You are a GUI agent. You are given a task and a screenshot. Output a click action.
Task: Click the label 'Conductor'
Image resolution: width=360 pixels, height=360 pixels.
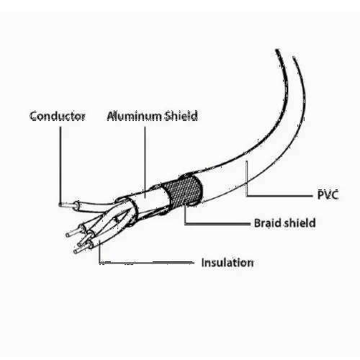(x=58, y=116)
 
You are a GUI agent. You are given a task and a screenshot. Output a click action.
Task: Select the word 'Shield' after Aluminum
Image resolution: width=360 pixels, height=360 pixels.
(x=181, y=116)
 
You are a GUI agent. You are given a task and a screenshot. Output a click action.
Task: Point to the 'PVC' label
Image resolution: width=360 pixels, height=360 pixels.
(x=328, y=194)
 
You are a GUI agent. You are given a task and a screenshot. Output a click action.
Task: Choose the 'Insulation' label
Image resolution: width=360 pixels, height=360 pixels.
(x=228, y=263)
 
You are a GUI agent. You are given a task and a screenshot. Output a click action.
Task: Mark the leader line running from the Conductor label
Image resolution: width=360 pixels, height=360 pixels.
(x=60, y=166)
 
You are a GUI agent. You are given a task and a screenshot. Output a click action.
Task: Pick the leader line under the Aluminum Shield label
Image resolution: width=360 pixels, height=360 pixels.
(x=145, y=162)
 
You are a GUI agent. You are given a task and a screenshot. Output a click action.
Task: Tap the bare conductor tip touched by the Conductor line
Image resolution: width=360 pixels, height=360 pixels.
(x=67, y=205)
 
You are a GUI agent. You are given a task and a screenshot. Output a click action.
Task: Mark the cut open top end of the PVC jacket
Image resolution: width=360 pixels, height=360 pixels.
(x=286, y=54)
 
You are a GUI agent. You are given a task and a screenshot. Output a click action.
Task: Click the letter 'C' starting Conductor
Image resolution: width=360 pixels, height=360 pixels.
(x=35, y=116)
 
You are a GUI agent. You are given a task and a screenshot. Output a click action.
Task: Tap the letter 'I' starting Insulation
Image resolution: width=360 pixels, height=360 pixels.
(x=203, y=262)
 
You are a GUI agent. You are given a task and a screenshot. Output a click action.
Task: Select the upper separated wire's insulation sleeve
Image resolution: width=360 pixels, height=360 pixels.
(x=96, y=207)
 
